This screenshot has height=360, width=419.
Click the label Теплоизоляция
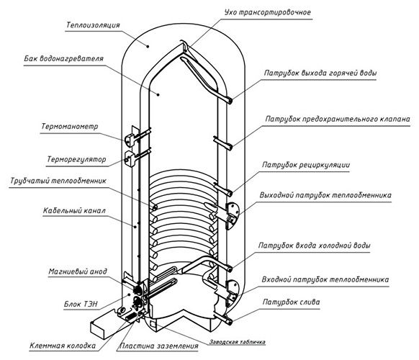coord(93,25)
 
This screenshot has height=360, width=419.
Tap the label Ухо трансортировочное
coord(268,12)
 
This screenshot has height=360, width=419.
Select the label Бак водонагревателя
coord(63,58)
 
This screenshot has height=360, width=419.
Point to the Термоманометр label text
coord(70,126)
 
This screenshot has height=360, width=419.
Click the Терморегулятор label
coord(77,160)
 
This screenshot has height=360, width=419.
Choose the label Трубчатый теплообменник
coord(58,181)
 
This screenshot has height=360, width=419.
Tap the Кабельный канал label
coord(75,211)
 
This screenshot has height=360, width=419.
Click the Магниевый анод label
coord(78,271)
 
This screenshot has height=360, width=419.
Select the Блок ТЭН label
coord(81,304)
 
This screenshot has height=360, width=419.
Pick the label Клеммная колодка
coord(63,346)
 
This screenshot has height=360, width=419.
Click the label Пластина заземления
coord(158,346)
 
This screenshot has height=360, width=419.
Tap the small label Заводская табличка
coord(238,342)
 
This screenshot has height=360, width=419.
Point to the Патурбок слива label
coord(291,302)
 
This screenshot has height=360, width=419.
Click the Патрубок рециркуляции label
coord(306,165)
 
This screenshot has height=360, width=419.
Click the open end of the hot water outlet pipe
coord(230,101)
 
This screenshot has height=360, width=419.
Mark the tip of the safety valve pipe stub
coord(230,146)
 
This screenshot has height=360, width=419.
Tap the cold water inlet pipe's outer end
coord(230,268)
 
